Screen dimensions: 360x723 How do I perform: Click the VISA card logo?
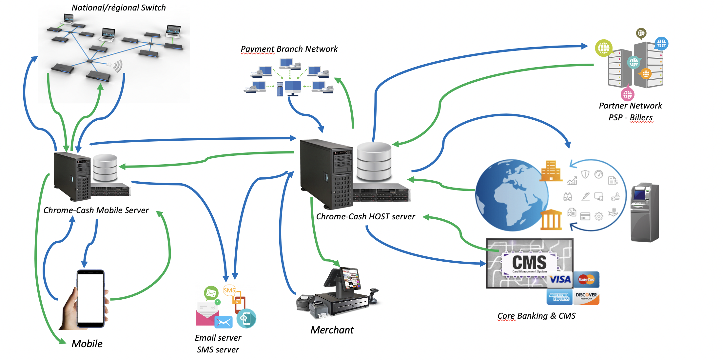[x=560, y=279]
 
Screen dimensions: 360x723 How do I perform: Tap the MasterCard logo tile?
[x=586, y=279]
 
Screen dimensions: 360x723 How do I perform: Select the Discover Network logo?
[x=586, y=297]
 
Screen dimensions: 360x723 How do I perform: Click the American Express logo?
[x=559, y=297]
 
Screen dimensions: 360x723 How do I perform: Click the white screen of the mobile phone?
[x=90, y=298]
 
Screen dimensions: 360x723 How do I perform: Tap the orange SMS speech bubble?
[x=229, y=290]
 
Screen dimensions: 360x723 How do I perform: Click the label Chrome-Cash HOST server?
[x=365, y=217]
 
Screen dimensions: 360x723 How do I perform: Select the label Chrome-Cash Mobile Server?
[x=96, y=210]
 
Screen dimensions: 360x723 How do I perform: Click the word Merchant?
[x=332, y=330]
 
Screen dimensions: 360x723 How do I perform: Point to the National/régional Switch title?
[x=119, y=8]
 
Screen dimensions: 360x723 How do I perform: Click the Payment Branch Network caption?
[x=289, y=49]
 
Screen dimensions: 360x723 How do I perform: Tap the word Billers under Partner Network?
[x=641, y=117]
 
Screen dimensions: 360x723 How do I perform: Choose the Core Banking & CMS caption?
[x=537, y=316]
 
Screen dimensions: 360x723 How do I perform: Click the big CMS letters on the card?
[x=529, y=263]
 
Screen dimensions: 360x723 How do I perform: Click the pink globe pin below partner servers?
[x=627, y=94]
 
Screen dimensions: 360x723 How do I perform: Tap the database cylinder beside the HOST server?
[x=374, y=162]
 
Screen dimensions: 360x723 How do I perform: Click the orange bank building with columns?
[x=551, y=219]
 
